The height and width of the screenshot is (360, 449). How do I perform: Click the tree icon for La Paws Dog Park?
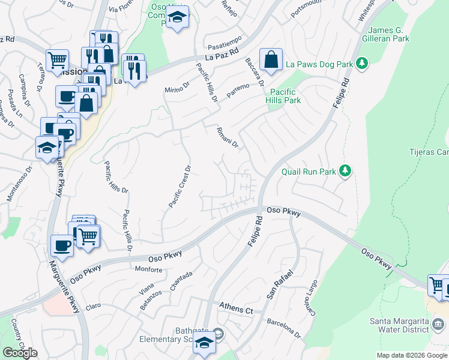362,63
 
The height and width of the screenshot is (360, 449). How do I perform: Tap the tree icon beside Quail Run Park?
345,172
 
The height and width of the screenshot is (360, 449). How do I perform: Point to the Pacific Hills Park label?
285,96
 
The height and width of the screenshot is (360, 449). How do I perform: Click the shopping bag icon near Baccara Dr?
271,60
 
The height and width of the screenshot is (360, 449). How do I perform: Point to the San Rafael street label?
280,286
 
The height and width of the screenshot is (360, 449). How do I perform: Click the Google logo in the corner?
20,353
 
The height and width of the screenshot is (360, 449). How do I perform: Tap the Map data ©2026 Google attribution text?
412,355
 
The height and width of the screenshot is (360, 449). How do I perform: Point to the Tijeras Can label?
429,152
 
